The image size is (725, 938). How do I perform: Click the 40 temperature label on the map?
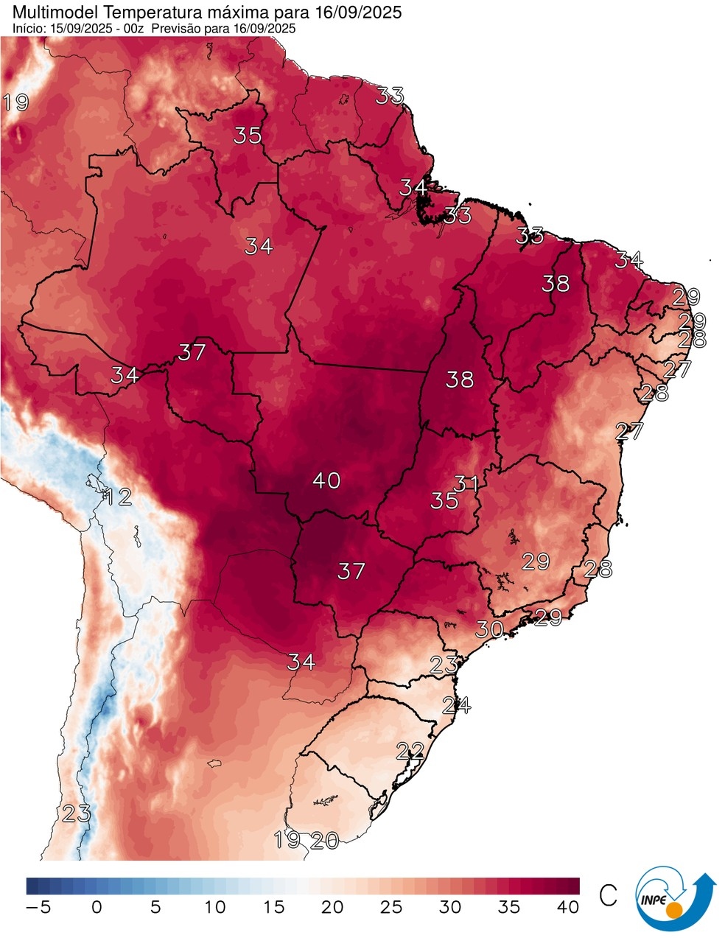click(326, 480)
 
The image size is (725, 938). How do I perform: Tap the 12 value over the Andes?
click(118, 497)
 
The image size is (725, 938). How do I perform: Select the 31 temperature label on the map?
click(466, 484)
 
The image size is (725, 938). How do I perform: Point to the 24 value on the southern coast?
click(457, 705)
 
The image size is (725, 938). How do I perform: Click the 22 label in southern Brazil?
click(410, 752)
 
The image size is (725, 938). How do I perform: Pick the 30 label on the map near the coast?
click(489, 629)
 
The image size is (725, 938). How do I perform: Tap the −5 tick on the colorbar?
click(38, 907)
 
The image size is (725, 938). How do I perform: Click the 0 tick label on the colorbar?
click(97, 907)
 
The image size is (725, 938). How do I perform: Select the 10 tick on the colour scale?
click(214, 907)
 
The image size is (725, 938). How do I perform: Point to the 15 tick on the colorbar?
click(273, 907)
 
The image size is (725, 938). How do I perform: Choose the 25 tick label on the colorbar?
click(391, 907)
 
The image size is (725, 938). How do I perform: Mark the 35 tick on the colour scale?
click(509, 907)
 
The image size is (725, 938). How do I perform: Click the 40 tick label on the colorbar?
click(568, 907)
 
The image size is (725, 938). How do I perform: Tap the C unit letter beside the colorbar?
click(609, 895)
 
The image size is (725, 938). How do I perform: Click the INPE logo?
click(675, 898)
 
